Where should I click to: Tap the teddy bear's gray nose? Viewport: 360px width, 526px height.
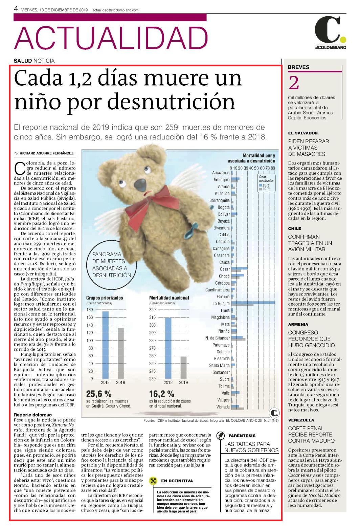[x=140, y=184]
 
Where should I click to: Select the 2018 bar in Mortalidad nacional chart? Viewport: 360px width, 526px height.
[x=168, y=348]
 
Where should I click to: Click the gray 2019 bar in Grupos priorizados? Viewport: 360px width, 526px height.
[x=121, y=353]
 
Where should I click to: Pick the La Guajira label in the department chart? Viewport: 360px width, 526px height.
[x=221, y=303]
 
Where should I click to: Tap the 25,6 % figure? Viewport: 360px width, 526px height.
[x=99, y=394]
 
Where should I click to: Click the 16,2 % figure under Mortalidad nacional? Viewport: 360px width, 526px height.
[x=162, y=394]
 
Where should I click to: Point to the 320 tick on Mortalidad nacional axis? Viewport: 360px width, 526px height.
[x=152, y=310]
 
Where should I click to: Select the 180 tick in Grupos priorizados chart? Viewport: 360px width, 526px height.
[x=90, y=310]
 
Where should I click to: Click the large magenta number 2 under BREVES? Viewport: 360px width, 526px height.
[x=294, y=83]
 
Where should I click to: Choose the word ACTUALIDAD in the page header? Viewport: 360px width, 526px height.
[x=111, y=38]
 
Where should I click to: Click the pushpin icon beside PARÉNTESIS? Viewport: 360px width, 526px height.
[x=220, y=436]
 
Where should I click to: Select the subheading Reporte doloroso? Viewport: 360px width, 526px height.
[x=32, y=415]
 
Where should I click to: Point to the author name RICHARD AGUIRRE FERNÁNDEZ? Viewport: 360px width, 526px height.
[x=46, y=153]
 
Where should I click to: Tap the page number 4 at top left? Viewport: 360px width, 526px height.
[x=16, y=9]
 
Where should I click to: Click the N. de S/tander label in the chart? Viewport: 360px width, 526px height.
[x=218, y=338]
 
